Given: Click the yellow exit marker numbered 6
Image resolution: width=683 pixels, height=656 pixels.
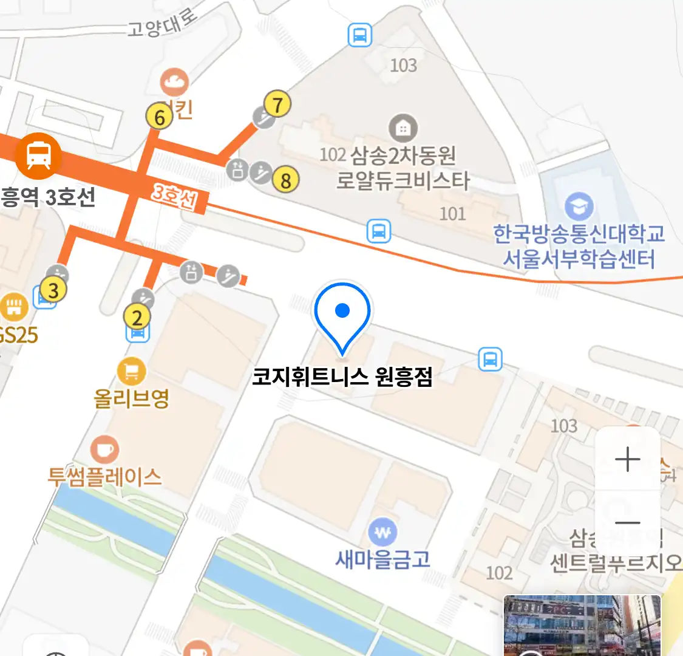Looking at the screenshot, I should click(x=160, y=117).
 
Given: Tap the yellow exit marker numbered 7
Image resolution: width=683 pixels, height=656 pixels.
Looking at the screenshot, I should click(x=277, y=104).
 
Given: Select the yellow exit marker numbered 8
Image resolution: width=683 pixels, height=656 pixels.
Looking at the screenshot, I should click(x=285, y=180).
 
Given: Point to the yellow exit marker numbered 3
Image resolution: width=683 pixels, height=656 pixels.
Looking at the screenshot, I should click(x=53, y=290).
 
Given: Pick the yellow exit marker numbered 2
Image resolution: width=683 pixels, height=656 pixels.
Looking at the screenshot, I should click(x=137, y=317).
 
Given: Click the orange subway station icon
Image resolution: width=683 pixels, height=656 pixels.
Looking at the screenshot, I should click(x=38, y=155).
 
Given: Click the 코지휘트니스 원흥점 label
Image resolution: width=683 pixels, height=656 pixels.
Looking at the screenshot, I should click(x=342, y=377).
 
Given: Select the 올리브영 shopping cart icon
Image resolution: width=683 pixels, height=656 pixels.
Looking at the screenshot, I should click(x=132, y=371).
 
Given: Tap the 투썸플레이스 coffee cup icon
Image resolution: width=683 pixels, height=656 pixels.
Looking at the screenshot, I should click(x=104, y=450).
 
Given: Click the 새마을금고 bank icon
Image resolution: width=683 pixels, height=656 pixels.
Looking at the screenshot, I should click(x=382, y=533).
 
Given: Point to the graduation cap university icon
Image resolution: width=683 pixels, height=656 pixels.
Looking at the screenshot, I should click(x=579, y=207).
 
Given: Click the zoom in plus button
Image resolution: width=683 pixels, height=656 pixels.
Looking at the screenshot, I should click(x=627, y=459).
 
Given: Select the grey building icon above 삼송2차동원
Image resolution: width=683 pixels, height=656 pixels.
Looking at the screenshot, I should click(x=403, y=128).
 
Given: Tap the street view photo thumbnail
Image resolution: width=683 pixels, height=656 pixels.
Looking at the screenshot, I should click(x=582, y=626).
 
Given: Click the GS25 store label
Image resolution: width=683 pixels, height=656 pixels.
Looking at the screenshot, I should click(x=18, y=335).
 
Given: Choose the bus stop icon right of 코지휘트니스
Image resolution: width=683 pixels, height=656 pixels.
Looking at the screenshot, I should click(x=490, y=359).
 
